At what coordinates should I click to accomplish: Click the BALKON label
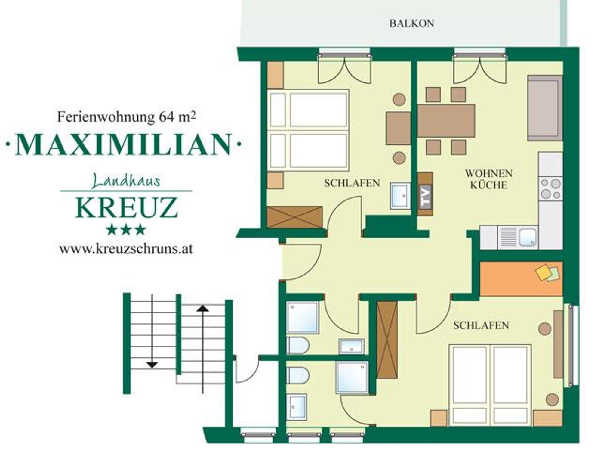(x=411, y=23)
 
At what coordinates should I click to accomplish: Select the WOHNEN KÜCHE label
(x=489, y=179)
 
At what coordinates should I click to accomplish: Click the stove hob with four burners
(x=551, y=189)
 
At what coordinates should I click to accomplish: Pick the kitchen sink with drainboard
(x=518, y=238)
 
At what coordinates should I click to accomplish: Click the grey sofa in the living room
(x=545, y=108)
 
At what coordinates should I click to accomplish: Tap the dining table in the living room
(x=446, y=120)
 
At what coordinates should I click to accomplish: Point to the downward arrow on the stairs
(x=152, y=331)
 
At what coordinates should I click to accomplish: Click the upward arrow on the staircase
(x=203, y=349)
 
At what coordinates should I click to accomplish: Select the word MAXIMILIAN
(x=123, y=145)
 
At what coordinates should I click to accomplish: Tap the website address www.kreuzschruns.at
(x=126, y=249)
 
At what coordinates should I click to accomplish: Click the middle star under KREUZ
(x=126, y=230)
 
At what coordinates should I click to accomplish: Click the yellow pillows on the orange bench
(x=548, y=273)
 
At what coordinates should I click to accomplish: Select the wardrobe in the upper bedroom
(x=295, y=217)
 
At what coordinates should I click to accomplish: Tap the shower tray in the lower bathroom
(x=353, y=378)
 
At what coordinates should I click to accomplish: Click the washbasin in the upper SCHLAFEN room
(x=400, y=196)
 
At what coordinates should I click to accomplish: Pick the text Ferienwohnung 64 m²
(x=126, y=117)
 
